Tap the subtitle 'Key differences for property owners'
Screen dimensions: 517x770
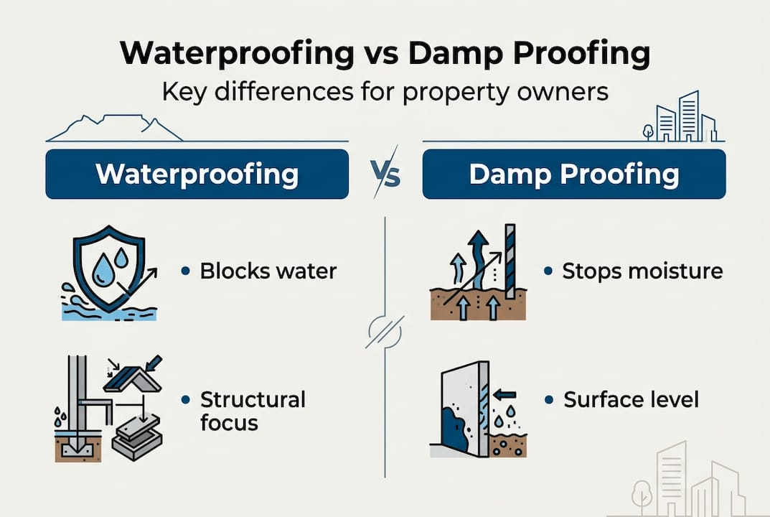click(x=385, y=92)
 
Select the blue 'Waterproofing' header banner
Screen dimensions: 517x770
click(x=197, y=174)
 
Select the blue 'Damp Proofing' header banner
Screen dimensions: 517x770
click(x=573, y=174)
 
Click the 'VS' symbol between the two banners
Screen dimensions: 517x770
click(x=385, y=174)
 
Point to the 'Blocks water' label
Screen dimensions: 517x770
click(x=268, y=271)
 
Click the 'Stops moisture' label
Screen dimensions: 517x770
click(x=642, y=271)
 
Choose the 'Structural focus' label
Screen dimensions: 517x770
click(x=253, y=411)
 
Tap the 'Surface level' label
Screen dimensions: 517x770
click(x=631, y=400)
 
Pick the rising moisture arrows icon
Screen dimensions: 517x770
click(x=478, y=274)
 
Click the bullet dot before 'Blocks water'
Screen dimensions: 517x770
click(x=186, y=271)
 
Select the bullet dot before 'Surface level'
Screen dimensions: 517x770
click(x=548, y=400)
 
